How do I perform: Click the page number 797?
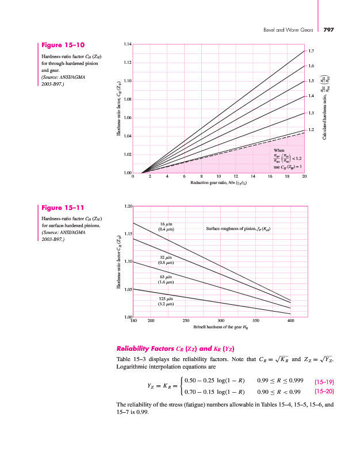(x=333, y=30)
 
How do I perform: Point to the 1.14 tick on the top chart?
(x=127, y=44)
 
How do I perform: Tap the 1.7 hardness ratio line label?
(x=311, y=52)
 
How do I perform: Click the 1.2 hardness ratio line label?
(x=311, y=130)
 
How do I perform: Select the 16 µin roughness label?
(x=166, y=226)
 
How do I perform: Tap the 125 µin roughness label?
(x=166, y=301)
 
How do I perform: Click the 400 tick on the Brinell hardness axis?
(x=291, y=321)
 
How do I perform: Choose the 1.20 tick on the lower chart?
(x=128, y=206)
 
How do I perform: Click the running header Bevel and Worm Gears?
(x=288, y=30)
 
